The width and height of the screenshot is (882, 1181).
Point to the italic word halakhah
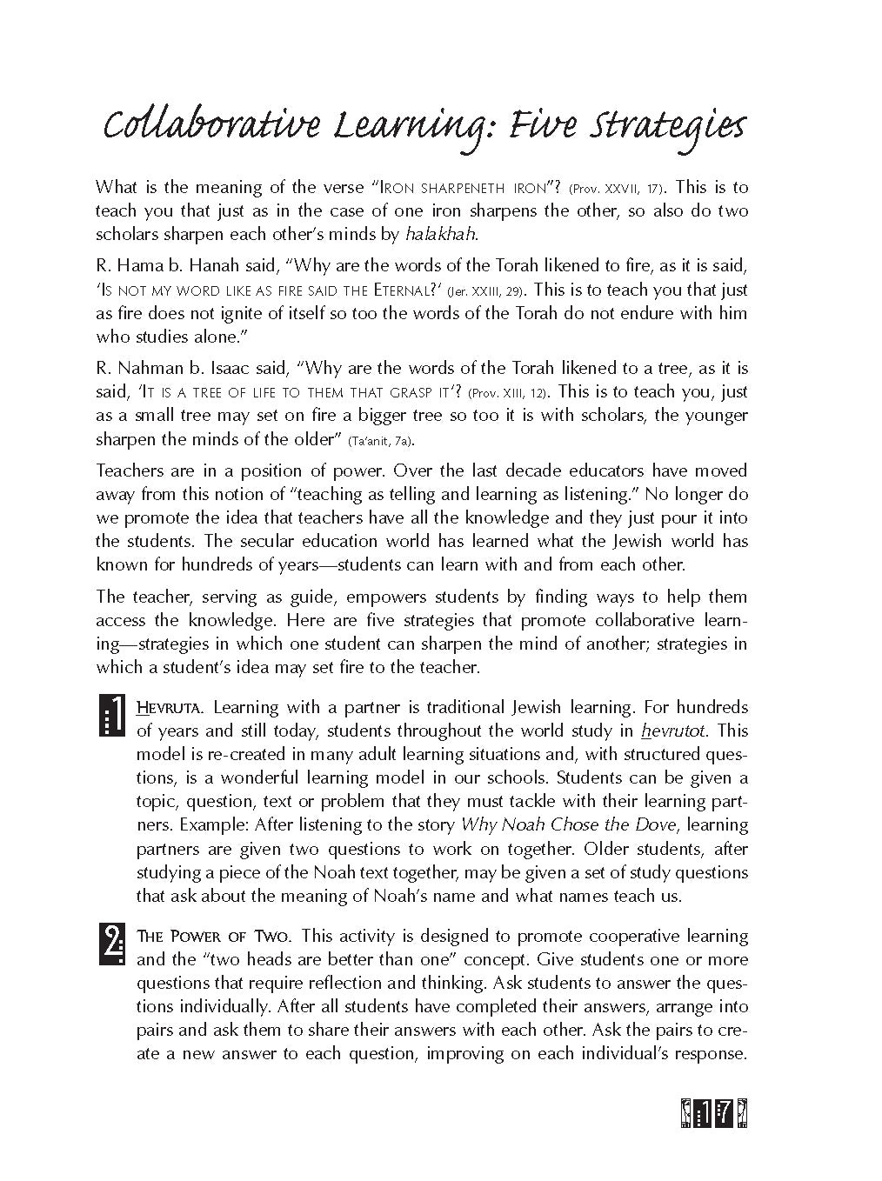pyautogui.click(x=441, y=234)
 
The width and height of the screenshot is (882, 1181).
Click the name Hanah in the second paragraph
pyautogui.click(x=213, y=265)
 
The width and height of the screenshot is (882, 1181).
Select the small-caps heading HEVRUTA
pyautogui.click(x=170, y=707)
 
